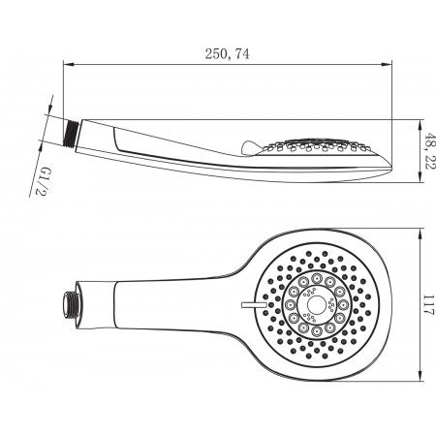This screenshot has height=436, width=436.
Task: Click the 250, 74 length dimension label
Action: coord(227,54)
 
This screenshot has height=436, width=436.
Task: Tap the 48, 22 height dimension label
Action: coord(430,150)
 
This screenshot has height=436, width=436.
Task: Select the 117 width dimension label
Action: coord(429,304)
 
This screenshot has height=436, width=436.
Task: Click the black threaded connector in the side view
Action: coord(72,135)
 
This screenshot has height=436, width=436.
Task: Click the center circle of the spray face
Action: coord(316,304)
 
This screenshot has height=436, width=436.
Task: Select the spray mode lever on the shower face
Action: coord(254,304)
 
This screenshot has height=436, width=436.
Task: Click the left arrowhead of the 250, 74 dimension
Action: coord(69,65)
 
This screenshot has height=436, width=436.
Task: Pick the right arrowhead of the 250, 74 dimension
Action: coord(387,65)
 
